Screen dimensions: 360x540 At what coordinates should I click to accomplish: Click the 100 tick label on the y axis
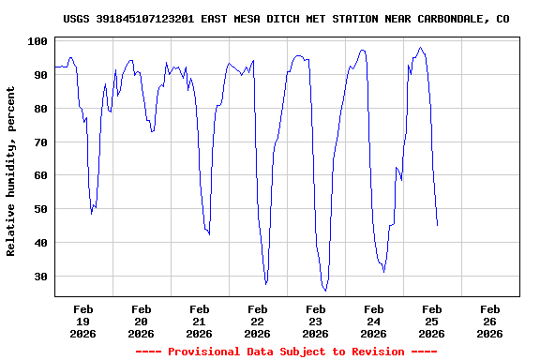coord(38,41)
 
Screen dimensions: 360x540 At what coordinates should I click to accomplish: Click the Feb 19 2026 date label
coord(82,321)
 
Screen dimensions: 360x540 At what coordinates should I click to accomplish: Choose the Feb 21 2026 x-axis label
coord(199,321)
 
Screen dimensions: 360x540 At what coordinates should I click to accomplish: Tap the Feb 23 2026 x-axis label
coord(315,321)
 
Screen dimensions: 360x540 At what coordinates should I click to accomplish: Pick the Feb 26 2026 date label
coord(489,321)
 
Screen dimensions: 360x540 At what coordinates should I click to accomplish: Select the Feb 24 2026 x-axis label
coord(373,321)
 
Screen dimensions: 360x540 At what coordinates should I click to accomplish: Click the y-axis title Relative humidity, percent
coord(11,171)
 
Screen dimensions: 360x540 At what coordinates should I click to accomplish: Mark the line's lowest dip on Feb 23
coord(325,291)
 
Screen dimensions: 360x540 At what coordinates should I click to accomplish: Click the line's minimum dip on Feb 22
coord(266,283)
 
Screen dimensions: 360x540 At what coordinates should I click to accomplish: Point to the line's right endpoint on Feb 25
coord(437,225)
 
